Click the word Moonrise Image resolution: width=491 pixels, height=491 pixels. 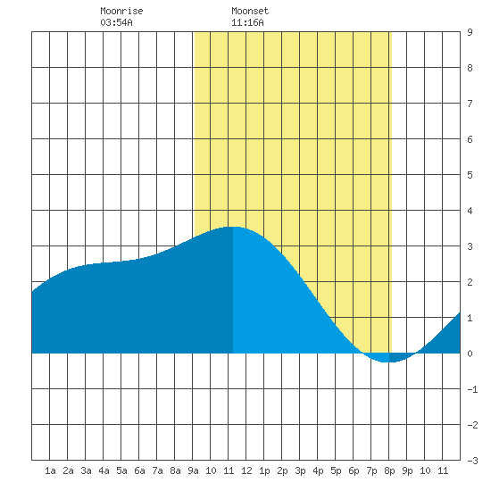(121, 11)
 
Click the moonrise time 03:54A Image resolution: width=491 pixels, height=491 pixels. (116, 22)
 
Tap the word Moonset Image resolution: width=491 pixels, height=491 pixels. (250, 11)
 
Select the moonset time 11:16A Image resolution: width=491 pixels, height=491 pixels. (247, 22)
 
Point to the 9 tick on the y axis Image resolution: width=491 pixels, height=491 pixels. (470, 32)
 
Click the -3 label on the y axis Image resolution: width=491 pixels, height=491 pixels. (472, 461)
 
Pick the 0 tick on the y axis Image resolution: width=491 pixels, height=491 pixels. (470, 354)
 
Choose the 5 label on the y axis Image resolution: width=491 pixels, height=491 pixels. (470, 175)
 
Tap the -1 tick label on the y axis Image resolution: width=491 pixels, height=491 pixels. (472, 389)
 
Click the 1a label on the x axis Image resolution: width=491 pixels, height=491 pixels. (50, 470)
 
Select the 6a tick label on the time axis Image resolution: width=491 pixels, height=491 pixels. (139, 470)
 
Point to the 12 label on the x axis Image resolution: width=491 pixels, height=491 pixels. (246, 470)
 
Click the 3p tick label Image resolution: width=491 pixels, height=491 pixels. (300, 470)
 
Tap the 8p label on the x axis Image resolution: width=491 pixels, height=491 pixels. (389, 470)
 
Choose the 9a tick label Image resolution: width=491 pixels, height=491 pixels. (193, 470)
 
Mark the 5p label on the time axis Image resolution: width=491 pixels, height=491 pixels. (336, 470)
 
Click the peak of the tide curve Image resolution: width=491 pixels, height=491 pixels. (233, 227)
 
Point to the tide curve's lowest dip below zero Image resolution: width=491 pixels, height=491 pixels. (386, 362)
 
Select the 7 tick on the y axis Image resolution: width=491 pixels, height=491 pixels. (470, 104)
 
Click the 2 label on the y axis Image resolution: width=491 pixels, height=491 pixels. (470, 282)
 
